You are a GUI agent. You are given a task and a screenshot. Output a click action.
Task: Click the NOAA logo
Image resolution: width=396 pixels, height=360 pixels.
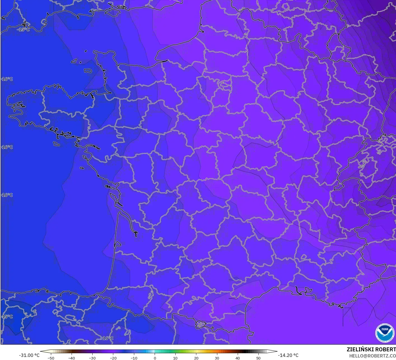click(x=385, y=333)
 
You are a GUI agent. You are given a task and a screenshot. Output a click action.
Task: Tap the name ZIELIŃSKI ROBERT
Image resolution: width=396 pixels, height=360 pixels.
click(x=371, y=349)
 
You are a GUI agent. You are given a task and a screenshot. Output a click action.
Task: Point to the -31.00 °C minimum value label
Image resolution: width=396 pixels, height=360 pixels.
click(x=29, y=355)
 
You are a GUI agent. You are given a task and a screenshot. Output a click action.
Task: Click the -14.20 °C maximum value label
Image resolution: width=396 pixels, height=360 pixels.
click(x=288, y=355)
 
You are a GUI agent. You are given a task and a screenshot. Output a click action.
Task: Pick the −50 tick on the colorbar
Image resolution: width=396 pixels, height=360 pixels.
click(x=51, y=358)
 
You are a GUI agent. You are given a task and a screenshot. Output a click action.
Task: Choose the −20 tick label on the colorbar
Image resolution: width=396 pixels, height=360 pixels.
click(x=113, y=358)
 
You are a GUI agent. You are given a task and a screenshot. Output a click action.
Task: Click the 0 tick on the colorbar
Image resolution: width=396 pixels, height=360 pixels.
click(x=155, y=358)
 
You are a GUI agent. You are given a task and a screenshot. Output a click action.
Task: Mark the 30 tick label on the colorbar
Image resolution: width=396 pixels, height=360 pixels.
click(x=217, y=358)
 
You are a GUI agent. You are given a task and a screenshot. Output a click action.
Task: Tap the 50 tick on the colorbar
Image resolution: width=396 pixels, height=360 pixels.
click(x=258, y=358)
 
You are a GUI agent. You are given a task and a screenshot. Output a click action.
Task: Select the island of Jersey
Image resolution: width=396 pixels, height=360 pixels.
click(x=88, y=71)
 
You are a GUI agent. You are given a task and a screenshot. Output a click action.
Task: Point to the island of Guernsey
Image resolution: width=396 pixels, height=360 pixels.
click(x=74, y=61)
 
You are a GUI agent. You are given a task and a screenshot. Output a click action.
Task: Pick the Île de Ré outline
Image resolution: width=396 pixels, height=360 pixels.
click(x=108, y=187)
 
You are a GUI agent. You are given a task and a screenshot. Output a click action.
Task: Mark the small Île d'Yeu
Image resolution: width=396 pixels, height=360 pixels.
click(x=82, y=168)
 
